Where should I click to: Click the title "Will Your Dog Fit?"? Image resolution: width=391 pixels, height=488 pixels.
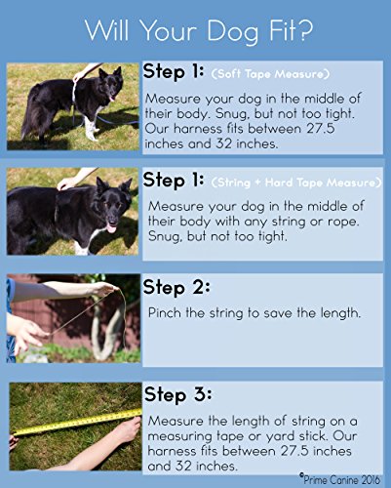[x=199, y=31]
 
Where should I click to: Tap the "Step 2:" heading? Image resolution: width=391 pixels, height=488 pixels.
[x=176, y=287]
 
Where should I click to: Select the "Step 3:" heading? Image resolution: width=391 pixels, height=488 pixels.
[x=178, y=394]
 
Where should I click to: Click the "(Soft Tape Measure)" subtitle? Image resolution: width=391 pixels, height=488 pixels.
[x=270, y=74]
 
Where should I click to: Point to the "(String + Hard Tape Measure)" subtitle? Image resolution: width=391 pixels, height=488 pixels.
[x=296, y=183]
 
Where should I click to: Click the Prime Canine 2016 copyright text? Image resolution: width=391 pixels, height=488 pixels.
[x=339, y=479]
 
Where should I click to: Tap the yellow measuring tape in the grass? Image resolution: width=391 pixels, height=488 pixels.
[x=77, y=423]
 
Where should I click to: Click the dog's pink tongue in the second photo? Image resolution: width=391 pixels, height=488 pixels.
[x=111, y=229]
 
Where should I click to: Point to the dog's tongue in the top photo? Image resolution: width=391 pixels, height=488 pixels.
[x=112, y=98]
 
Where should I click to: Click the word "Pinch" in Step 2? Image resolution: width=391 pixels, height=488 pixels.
[x=165, y=313]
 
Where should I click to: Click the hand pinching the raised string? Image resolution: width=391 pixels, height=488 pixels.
[x=105, y=289]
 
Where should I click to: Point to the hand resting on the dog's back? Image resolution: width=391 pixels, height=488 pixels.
[x=67, y=183]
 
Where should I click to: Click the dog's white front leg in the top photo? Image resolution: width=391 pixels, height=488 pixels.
[x=90, y=128]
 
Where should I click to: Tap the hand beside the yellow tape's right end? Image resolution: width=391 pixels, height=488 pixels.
[x=129, y=430]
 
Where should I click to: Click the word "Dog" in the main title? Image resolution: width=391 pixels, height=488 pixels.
[x=232, y=32]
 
